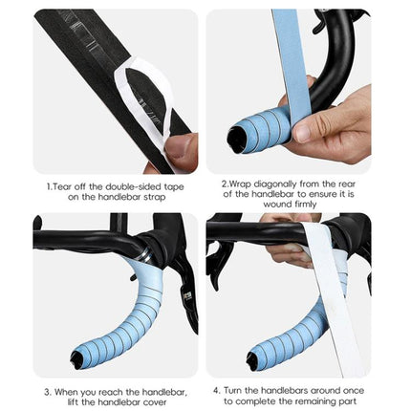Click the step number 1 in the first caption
(48, 187)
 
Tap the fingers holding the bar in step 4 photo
(287, 252)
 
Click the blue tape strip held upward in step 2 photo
(287, 57)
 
